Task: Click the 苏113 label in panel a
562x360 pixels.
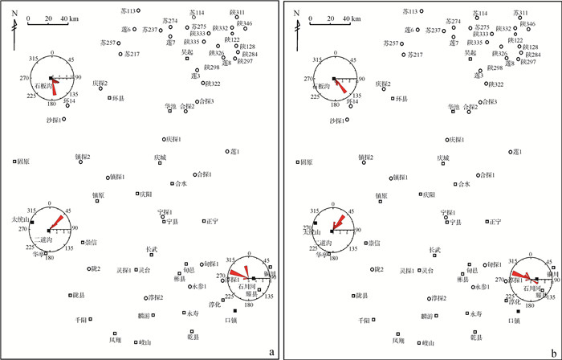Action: pyautogui.click(x=128, y=11)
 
